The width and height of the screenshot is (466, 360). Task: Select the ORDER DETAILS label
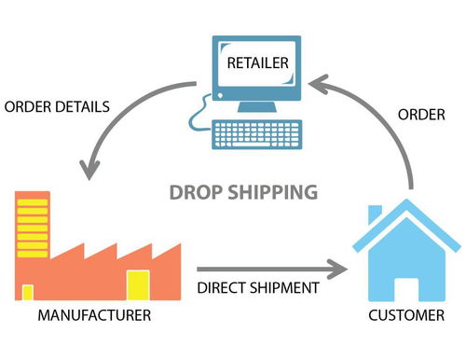[x=58, y=105]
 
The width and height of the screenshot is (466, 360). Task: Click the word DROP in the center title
[x=197, y=193]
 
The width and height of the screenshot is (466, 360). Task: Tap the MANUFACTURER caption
[x=93, y=316]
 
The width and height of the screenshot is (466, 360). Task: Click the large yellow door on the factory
[x=138, y=284]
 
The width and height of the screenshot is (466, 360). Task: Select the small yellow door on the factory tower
[x=28, y=292]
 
